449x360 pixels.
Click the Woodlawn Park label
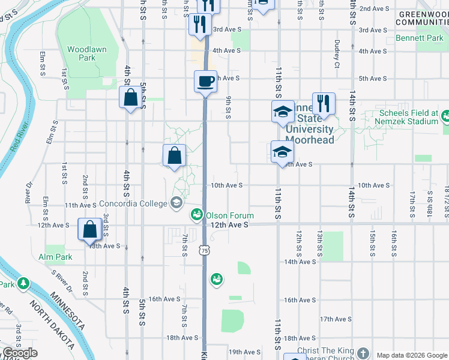[x=81, y=53]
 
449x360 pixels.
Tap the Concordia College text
[x=133, y=203]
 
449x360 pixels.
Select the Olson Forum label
[x=229, y=215]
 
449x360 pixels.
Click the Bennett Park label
[x=418, y=38]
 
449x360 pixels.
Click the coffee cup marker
[x=205, y=81]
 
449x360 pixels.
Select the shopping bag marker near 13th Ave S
[x=89, y=229]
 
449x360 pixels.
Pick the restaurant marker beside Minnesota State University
[x=324, y=103]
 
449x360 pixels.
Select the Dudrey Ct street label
[x=337, y=52]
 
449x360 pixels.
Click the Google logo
[x=20, y=353]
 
